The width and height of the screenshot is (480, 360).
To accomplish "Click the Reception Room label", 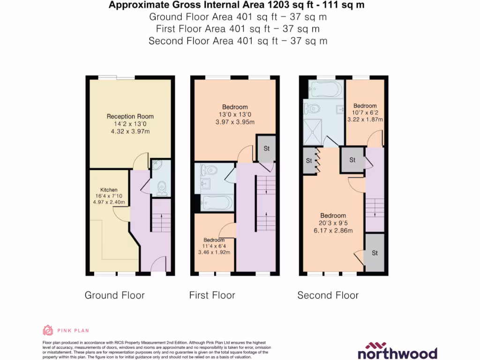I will (130, 116).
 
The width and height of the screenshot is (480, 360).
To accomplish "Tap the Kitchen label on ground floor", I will (109, 190).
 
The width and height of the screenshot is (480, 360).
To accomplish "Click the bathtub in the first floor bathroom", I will (216, 202).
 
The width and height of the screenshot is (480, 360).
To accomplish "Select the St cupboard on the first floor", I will (266, 149).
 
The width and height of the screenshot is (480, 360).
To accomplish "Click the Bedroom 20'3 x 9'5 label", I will (333, 216).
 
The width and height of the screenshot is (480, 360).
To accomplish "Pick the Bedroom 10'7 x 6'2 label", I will (365, 106).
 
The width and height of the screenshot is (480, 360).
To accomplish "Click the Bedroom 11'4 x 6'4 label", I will (214, 240).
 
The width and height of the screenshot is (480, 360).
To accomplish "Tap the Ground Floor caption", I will (114, 295).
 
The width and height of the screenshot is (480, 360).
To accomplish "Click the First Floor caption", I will (212, 295).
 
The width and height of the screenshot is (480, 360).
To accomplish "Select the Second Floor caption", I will (328, 295).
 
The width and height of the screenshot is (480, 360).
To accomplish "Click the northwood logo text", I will (397, 352).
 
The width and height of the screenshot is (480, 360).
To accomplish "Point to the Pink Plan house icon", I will (48, 330).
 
